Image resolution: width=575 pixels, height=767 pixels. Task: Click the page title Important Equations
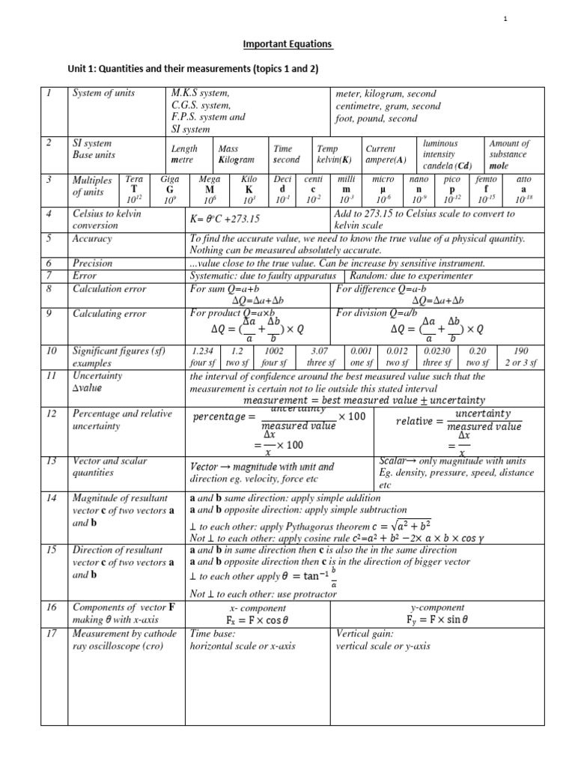(288, 44)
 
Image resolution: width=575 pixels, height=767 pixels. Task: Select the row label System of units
(102, 94)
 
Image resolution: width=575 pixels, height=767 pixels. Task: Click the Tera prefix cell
(134, 190)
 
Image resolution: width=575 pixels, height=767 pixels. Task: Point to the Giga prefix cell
(169, 190)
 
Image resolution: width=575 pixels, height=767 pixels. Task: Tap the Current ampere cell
(386, 154)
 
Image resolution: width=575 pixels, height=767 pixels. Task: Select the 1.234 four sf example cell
(206, 357)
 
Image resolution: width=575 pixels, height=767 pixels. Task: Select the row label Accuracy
(91, 239)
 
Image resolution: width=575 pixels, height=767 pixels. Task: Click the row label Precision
(92, 264)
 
